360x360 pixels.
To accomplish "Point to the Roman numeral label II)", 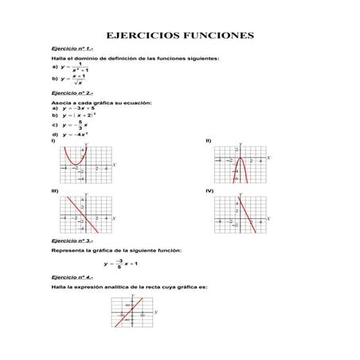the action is pyautogui.click(x=209, y=140).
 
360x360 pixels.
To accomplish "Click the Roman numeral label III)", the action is pyautogui.click(x=54, y=191).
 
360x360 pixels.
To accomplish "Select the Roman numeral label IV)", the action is pyautogui.click(x=209, y=191).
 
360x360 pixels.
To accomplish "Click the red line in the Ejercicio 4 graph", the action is pyautogui.click(x=131, y=311).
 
